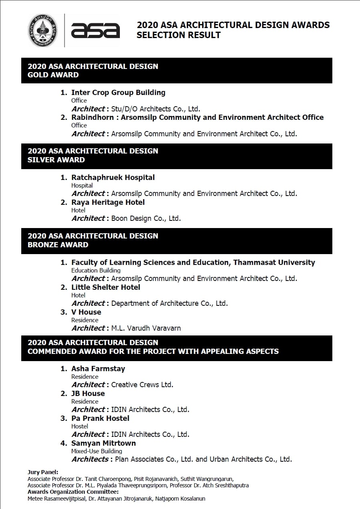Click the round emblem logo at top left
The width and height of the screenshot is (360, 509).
42,30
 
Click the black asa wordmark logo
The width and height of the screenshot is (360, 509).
95,31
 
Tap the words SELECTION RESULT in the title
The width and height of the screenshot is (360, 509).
178,35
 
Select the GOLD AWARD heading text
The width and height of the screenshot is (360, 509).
53,75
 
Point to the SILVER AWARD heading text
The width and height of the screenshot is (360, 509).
56,160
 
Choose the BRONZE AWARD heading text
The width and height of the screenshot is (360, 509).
58,245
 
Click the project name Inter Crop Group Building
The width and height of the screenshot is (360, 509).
118,93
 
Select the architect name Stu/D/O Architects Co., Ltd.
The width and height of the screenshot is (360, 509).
156,109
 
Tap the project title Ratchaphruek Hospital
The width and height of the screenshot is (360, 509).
113,178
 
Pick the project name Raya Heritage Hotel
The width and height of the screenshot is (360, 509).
108,202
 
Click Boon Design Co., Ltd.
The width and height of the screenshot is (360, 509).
146,219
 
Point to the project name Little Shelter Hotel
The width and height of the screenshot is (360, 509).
106,287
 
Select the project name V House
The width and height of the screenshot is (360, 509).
86,312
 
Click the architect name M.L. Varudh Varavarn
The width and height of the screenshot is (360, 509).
146,328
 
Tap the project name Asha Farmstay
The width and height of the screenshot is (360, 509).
98,369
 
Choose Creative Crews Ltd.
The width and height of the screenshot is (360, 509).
142,385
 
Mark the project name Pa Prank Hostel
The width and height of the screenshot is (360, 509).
100,418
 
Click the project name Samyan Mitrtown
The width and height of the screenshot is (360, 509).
103,443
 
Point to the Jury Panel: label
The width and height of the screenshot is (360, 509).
43,472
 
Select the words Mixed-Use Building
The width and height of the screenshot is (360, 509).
97,451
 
